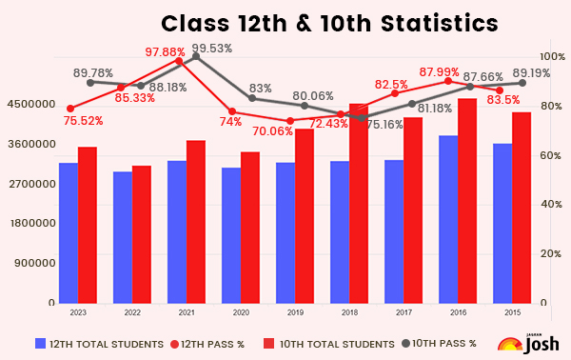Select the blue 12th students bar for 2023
pos(69,233)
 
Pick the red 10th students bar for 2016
pos(467,201)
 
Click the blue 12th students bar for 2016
pos(448,219)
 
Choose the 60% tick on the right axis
pos(548,155)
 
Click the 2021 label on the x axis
pos(187,312)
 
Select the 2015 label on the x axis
pos(512,312)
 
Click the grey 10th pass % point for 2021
pos(196,56)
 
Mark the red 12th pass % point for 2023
pos(69,109)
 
